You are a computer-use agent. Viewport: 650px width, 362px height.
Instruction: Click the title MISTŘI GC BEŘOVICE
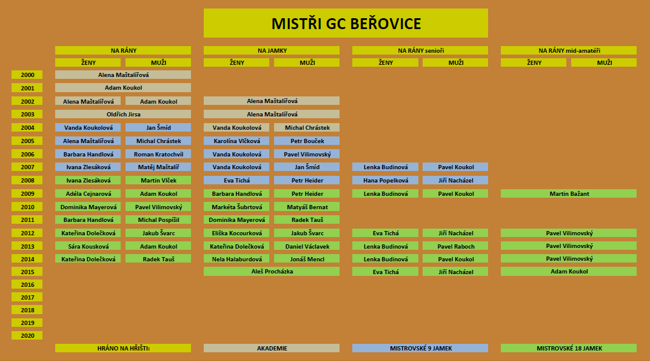346,23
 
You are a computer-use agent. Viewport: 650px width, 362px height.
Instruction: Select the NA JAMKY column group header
272,50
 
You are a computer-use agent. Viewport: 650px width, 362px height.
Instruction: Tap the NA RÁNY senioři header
420,50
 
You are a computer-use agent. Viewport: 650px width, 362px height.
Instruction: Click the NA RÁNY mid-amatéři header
569,50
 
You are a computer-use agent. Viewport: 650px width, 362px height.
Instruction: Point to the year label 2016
27,284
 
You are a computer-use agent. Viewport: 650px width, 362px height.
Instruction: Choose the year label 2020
27,335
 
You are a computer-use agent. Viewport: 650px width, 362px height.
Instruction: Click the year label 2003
27,114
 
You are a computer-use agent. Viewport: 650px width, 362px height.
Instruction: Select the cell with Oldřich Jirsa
123,114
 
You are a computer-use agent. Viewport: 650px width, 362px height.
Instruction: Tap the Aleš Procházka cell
272,271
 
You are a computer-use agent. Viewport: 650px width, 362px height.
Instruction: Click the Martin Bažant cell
569,193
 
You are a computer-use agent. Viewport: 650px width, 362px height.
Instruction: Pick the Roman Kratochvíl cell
158,154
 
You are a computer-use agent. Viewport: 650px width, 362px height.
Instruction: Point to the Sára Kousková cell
88,246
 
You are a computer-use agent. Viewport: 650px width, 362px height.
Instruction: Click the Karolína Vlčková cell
236,141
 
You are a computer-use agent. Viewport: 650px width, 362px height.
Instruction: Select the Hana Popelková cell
385,180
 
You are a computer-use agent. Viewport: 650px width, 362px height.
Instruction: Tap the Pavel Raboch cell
455,246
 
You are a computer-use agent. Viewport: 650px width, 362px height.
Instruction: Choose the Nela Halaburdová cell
236,259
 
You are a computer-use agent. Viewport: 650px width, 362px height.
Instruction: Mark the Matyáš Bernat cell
307,207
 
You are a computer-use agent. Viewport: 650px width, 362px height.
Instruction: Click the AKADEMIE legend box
272,348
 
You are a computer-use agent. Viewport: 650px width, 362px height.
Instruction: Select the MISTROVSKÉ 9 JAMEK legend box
420,348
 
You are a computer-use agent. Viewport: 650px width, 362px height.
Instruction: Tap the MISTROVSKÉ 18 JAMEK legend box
569,348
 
